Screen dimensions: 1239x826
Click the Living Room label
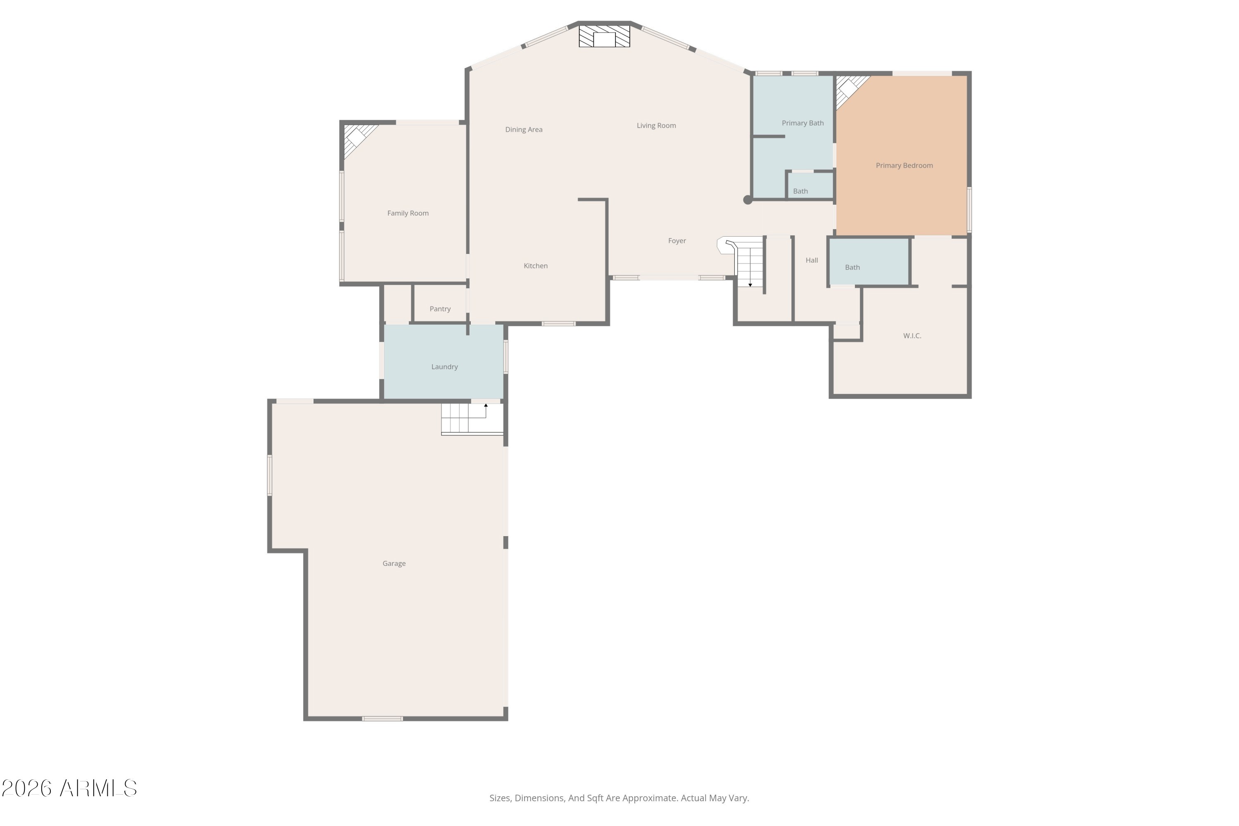656,126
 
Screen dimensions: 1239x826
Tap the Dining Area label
524,130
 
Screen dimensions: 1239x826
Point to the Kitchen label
535,266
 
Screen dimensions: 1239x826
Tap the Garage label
394,564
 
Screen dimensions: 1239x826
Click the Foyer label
677,241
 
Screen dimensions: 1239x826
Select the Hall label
812,260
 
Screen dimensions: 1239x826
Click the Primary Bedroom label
904,166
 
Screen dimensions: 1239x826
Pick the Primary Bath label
802,123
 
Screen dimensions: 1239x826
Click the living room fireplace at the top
604,36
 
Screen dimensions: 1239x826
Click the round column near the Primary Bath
748,199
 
